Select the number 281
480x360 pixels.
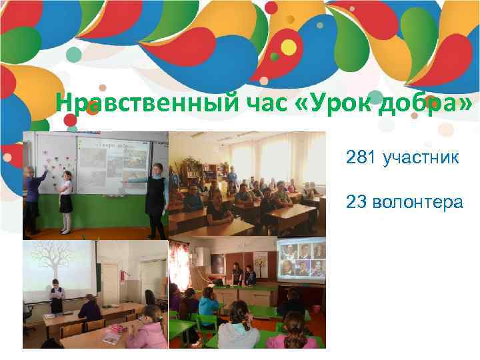(361, 158)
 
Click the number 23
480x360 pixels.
(355, 202)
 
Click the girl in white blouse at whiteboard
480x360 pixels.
(66, 200)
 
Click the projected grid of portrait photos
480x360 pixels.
(301, 260)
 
